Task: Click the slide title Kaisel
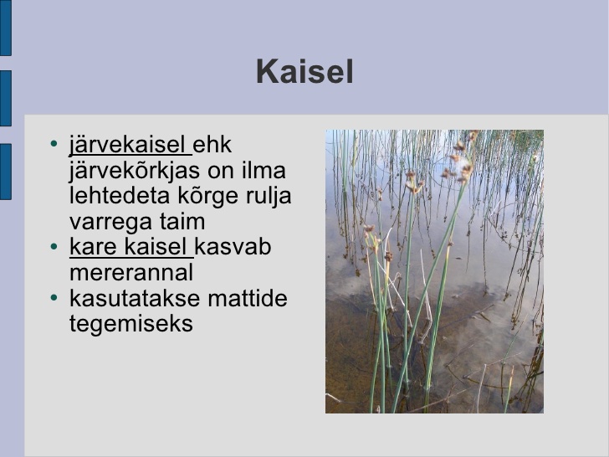coord(304,71)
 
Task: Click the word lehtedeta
coord(120,195)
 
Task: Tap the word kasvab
coord(233,246)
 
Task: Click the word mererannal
coord(131,273)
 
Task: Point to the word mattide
coord(248,299)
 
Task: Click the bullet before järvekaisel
coord(54,144)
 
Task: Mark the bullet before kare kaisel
coord(54,246)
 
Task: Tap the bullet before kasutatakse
coord(54,298)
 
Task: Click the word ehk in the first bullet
coord(212,144)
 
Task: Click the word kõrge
coord(208,197)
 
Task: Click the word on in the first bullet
coord(221,172)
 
